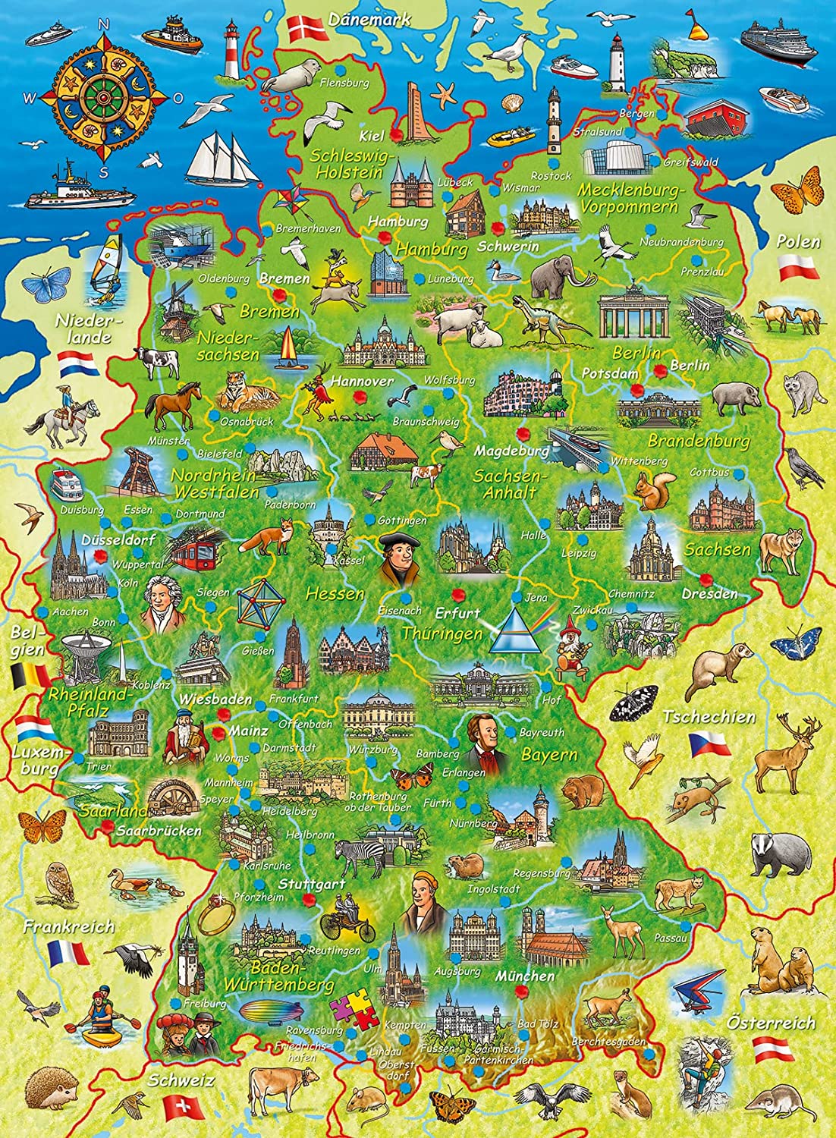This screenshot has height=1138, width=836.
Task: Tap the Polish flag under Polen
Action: coord(797,266)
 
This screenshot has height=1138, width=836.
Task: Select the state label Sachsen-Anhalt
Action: coord(505,483)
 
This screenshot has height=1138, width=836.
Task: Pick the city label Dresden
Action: coord(709,593)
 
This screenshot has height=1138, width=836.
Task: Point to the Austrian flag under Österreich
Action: coord(773,1050)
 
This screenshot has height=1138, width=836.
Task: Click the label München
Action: coord(525,976)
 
